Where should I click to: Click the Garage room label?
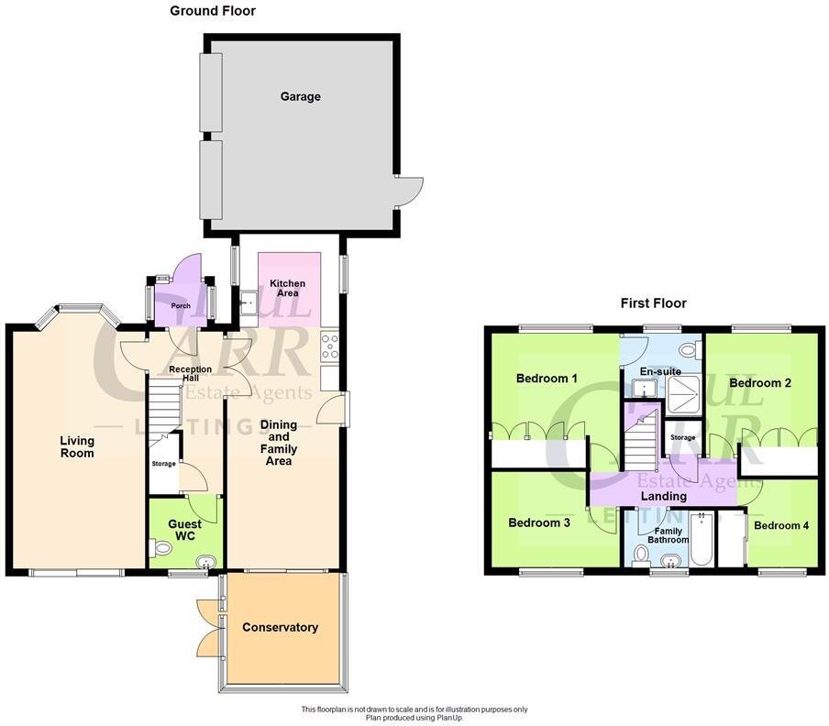(x=300, y=96)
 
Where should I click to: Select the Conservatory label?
(x=280, y=628)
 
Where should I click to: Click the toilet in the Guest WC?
(x=161, y=548)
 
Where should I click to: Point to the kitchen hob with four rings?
(x=330, y=346)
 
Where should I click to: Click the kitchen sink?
(x=248, y=302)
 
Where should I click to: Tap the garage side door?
(x=408, y=190)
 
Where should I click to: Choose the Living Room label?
(x=77, y=446)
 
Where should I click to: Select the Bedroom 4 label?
(x=781, y=526)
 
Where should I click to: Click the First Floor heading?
(x=653, y=303)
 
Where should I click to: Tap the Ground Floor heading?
(x=213, y=11)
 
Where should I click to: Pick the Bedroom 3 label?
(x=539, y=522)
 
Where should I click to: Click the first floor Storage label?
(x=682, y=438)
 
